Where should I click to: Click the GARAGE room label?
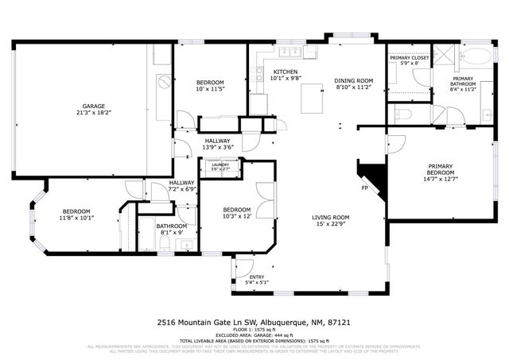(95, 105)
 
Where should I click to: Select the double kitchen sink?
(290, 53)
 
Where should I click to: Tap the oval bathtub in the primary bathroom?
(476, 56)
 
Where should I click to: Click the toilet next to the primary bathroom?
(402, 114)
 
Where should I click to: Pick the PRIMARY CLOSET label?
(408, 58)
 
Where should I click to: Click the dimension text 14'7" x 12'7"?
(440, 179)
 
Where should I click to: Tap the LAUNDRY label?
(219, 165)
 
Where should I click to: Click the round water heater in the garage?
(162, 81)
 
